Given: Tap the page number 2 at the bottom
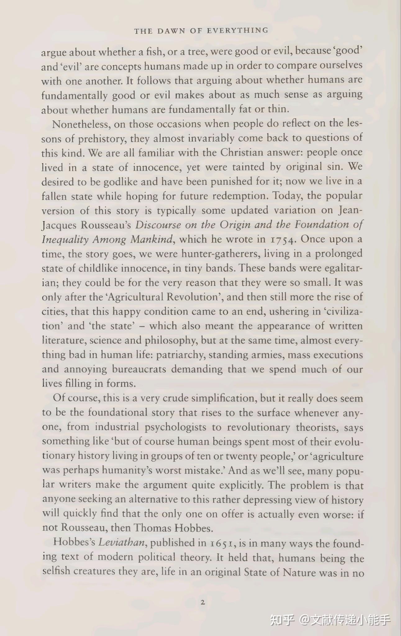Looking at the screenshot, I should pos(203,603).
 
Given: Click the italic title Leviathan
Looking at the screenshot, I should pos(121,543).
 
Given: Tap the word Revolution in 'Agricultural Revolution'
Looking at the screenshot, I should pos(192,297).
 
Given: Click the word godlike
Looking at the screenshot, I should pos(121,182).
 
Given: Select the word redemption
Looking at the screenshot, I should pos(239,196).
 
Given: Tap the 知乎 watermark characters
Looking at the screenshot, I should pos(282,620).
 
